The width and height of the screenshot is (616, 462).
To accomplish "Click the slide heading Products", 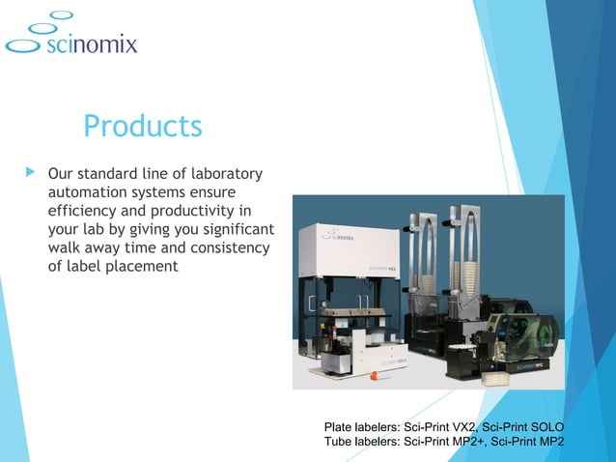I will (142, 126).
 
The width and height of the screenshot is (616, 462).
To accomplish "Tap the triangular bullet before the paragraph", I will (28, 174).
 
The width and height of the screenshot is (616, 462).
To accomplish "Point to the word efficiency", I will (85, 211).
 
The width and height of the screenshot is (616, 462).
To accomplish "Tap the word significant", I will (232, 229).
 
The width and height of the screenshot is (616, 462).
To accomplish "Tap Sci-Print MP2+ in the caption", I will (445, 443).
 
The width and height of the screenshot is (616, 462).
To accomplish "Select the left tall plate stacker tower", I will (423, 261).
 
